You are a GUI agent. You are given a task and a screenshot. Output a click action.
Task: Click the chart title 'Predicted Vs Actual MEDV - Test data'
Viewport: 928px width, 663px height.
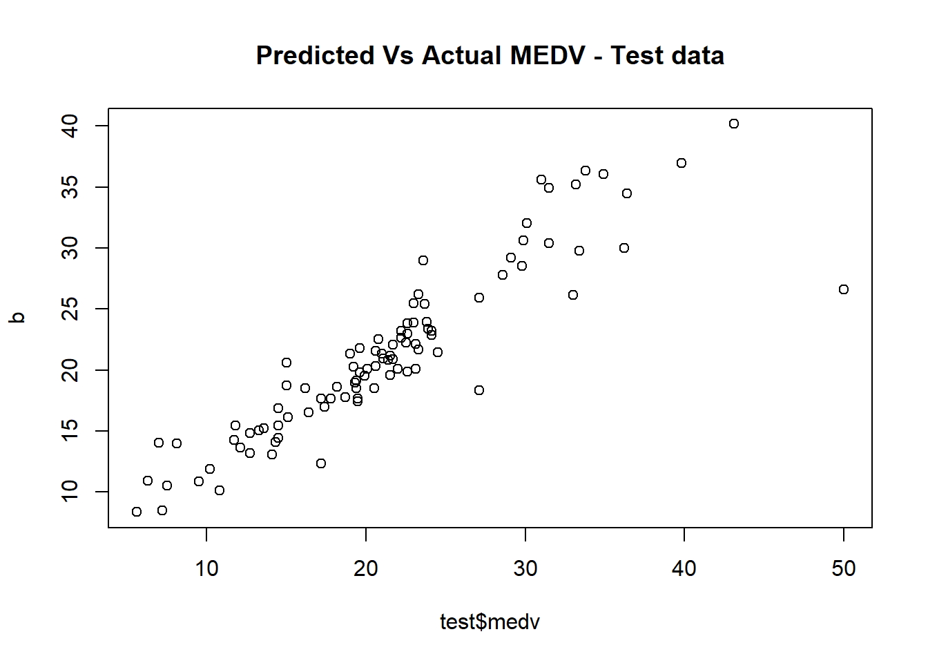[x=490, y=55]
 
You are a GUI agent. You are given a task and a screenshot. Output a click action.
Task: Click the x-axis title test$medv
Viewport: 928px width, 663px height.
[x=490, y=622]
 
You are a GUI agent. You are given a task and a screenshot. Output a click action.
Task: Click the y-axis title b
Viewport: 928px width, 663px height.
[x=17, y=318]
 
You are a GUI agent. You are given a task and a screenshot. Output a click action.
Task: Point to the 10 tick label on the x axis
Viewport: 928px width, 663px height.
[x=206, y=568]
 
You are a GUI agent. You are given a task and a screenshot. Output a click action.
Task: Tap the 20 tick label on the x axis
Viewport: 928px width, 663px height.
[x=366, y=568]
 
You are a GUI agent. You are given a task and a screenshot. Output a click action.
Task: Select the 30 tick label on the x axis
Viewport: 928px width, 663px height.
[x=525, y=568]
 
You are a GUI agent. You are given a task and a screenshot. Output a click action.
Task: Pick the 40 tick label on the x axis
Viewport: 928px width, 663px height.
[x=684, y=568]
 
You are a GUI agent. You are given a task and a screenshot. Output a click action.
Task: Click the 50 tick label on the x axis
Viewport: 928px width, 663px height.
[x=844, y=568]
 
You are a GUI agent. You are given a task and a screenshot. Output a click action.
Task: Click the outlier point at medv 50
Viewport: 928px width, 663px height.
[x=844, y=289]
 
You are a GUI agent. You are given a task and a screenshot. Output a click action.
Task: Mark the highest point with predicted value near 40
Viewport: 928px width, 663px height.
[x=734, y=124]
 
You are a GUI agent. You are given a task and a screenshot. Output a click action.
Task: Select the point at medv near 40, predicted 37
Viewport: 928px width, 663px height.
[x=681, y=163]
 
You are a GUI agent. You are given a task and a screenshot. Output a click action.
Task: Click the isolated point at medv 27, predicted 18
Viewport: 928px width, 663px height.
[x=479, y=390]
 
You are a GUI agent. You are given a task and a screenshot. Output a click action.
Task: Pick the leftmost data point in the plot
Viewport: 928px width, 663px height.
[x=137, y=512]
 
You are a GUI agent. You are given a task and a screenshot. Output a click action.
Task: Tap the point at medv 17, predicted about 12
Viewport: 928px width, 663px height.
[x=321, y=463]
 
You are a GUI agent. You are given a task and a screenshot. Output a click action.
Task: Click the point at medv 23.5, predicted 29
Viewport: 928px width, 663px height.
[x=423, y=260]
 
